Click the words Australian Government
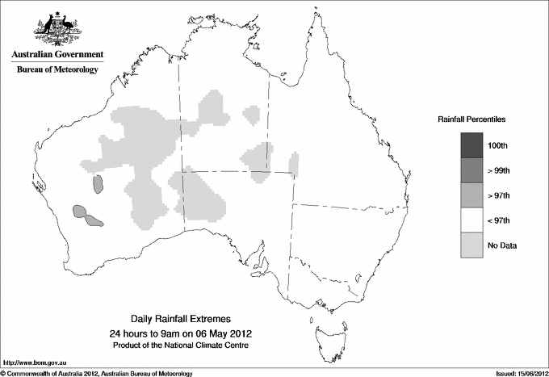57,55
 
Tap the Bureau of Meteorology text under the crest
57,70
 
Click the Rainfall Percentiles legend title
471,119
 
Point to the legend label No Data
502,245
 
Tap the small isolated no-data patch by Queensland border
293,165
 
